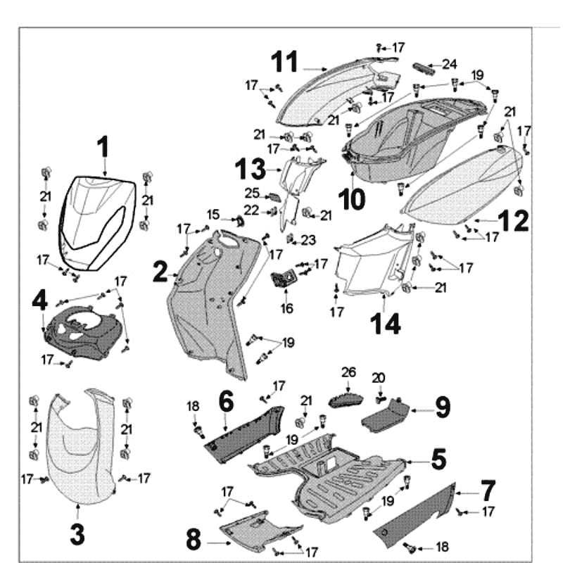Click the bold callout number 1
103,148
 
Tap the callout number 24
450,64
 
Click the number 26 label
349,371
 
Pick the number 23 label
308,241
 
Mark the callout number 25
253,193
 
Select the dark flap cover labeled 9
386,418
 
